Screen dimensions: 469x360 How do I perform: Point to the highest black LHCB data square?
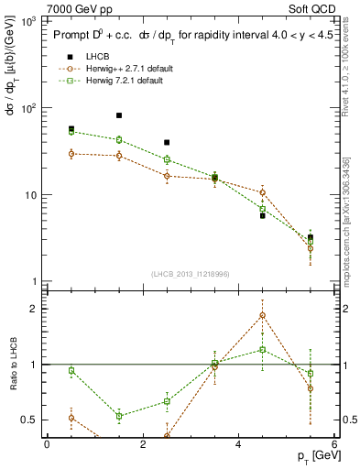pyautogui.click(x=119, y=115)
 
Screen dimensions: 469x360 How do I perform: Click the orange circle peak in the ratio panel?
pyautogui.click(x=263, y=315)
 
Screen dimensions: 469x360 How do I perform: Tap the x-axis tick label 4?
pyautogui.click(x=238, y=444)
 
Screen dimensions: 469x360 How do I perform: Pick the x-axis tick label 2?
pyautogui.click(x=143, y=444)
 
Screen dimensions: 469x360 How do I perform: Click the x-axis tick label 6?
pyautogui.click(x=333, y=444)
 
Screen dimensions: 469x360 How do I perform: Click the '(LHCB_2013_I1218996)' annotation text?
pyautogui.click(x=191, y=274)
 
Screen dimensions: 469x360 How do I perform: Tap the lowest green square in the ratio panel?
pyautogui.click(x=119, y=416)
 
